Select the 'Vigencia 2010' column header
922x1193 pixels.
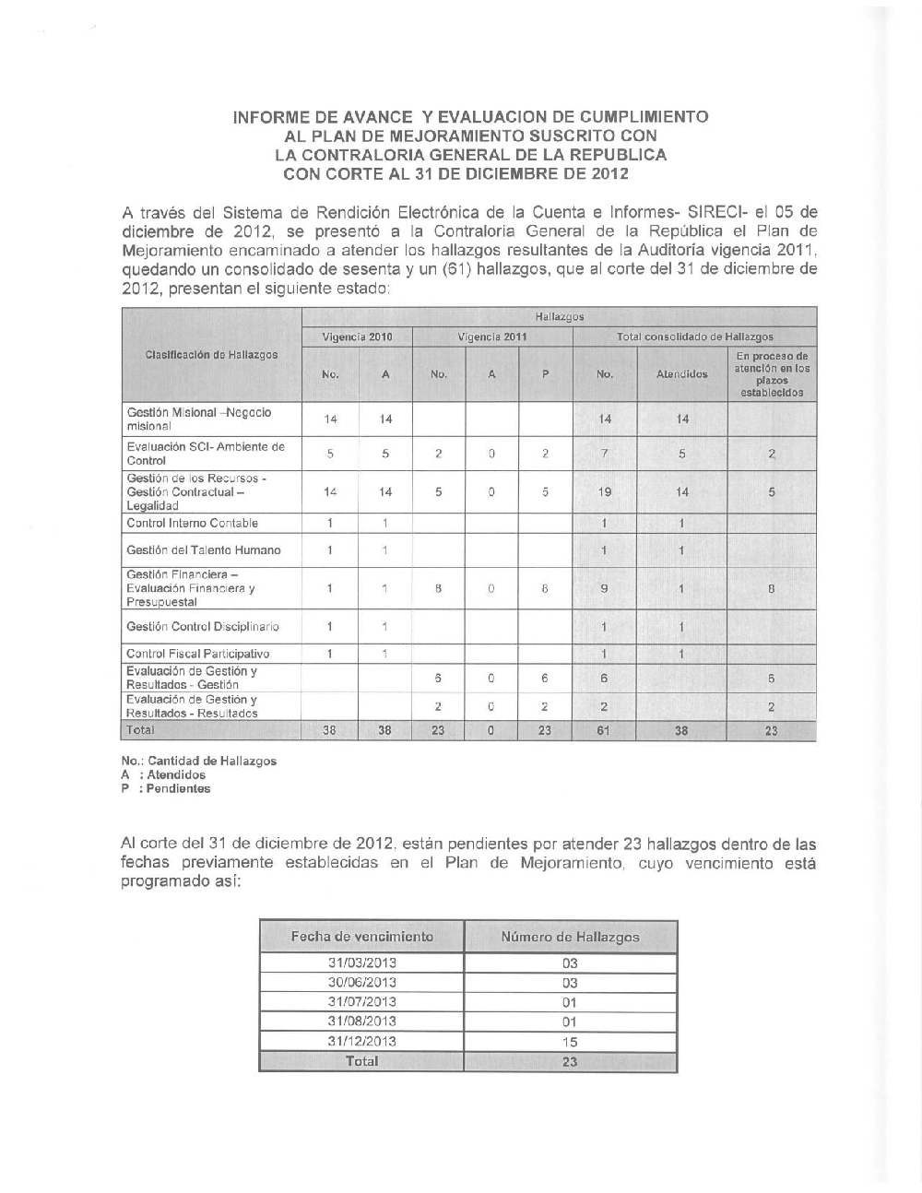click(x=357, y=337)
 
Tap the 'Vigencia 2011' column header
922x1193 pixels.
click(x=492, y=337)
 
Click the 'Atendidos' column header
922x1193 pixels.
click(x=681, y=374)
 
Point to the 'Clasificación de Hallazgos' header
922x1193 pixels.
click(x=211, y=354)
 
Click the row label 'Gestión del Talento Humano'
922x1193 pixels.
click(x=203, y=550)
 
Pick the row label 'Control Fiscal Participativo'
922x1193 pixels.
click(x=197, y=654)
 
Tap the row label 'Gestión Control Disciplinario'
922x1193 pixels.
click(x=203, y=627)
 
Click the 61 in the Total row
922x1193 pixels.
click(x=604, y=730)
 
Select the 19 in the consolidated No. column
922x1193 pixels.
click(x=604, y=492)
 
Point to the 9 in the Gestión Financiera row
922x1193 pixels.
click(x=604, y=588)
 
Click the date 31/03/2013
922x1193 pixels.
click(x=361, y=963)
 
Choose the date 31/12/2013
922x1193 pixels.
click(x=361, y=1041)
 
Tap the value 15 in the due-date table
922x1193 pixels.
click(x=569, y=1041)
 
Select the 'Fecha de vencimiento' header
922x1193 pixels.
click(x=361, y=937)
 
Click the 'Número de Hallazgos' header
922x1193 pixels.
click(x=570, y=937)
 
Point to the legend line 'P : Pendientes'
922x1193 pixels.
click(x=166, y=789)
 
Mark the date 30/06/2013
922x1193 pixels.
click(x=361, y=983)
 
